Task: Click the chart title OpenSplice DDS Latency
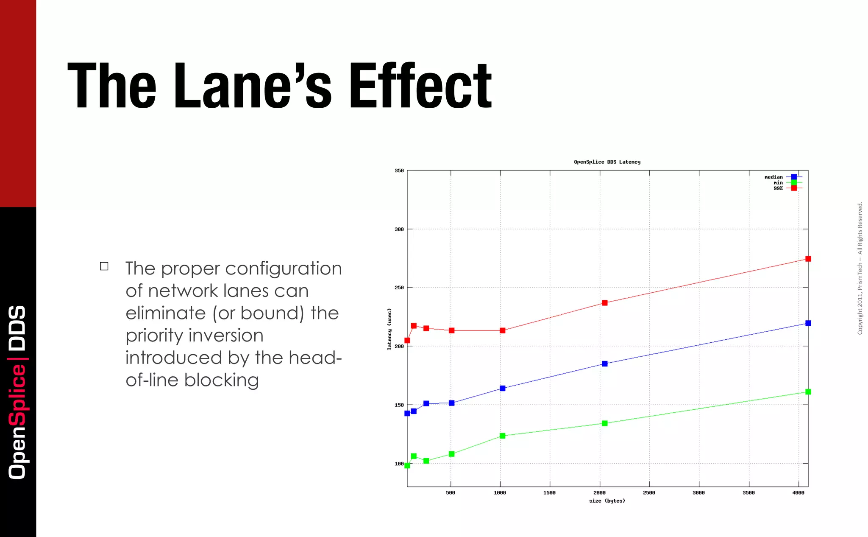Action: coord(607,162)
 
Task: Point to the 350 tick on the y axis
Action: coord(399,171)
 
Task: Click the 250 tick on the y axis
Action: coord(399,288)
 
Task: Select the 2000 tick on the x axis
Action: coord(599,493)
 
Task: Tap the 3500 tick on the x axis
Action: coord(748,493)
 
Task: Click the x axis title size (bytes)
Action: coord(607,501)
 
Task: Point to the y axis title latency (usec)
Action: coord(389,329)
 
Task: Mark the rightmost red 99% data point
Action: coord(808,259)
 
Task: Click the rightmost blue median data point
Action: coord(808,323)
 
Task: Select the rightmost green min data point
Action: coord(808,392)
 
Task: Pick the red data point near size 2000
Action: coord(604,303)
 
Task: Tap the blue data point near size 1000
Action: coord(502,389)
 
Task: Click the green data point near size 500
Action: coord(451,454)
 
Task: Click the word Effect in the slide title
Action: coord(420,86)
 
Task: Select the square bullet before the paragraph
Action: coord(104,266)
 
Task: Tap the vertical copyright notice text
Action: coord(860,268)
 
